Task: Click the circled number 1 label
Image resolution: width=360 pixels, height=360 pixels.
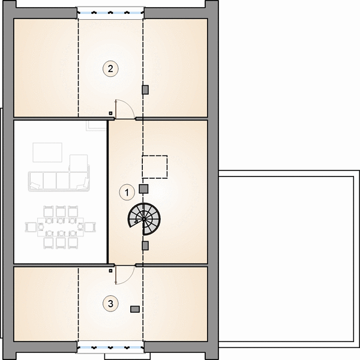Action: (x=127, y=192)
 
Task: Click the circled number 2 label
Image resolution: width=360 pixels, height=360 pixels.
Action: (x=110, y=68)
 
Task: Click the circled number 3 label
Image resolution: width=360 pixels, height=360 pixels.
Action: (x=110, y=304)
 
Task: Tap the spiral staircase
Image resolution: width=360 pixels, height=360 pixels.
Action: (x=144, y=219)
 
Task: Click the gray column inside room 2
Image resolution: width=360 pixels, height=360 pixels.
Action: (x=145, y=90)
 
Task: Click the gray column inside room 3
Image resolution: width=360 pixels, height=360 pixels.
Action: (x=135, y=309)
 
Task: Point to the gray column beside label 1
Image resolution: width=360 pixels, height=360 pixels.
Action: (x=144, y=189)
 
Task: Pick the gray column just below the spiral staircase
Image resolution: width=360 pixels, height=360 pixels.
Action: (x=145, y=245)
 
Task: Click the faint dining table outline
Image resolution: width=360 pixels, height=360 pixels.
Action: (x=61, y=227)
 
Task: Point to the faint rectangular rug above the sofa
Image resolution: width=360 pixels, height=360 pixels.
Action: (x=47, y=152)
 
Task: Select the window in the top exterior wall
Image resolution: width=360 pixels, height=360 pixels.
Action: (x=110, y=13)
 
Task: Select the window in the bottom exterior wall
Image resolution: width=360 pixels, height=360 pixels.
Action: (x=110, y=347)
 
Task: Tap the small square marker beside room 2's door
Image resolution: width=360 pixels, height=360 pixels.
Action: (x=110, y=113)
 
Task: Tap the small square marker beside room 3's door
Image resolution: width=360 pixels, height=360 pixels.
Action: (x=110, y=271)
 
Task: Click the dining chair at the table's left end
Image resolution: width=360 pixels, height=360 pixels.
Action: (x=31, y=227)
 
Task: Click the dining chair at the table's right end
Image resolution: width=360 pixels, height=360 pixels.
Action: (x=90, y=227)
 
